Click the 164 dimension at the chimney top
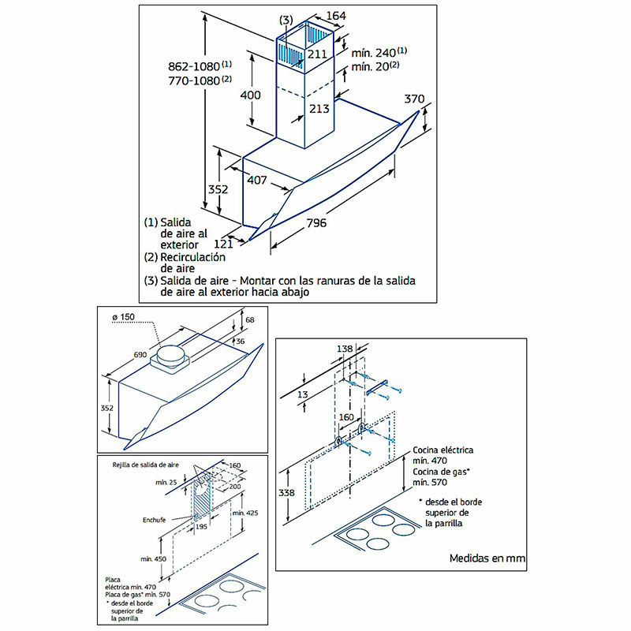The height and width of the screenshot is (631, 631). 336,15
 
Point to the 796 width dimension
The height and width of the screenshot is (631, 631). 315,222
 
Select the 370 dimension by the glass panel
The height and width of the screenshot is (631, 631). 414,99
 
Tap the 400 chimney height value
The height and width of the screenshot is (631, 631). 251,95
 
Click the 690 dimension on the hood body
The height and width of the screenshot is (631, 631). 140,356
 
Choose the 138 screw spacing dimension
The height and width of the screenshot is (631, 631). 344,348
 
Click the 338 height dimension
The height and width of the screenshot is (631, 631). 287,493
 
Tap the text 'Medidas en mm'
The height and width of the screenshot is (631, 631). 487,558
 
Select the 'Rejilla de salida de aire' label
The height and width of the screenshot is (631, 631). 148,465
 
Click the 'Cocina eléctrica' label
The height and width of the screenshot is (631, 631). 443,450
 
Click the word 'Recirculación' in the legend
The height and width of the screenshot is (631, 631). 193,257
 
